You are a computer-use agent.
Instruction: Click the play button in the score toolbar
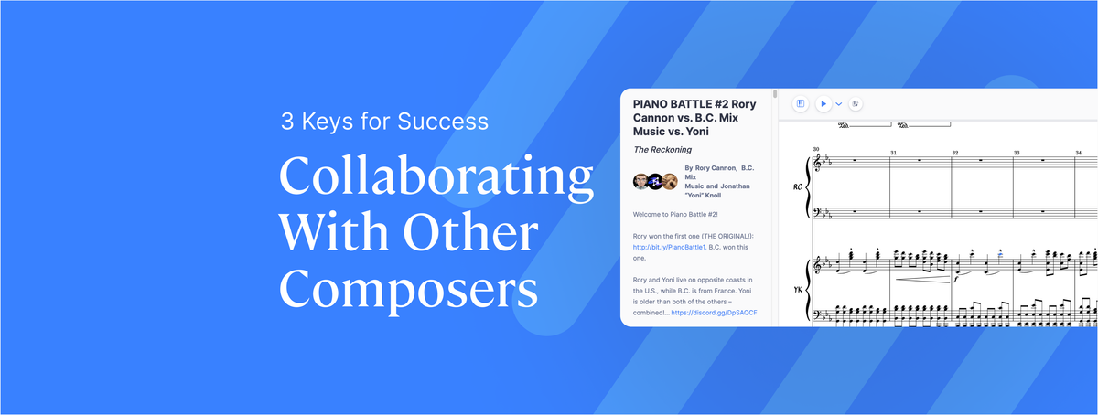click(823, 104)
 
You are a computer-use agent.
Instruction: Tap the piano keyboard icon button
click(801, 104)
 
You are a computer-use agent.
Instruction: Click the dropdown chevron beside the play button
click(839, 104)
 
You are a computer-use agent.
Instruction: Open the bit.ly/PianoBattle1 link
click(669, 248)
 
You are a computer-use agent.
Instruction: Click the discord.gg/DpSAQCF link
click(715, 313)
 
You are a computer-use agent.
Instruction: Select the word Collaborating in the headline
click(436, 176)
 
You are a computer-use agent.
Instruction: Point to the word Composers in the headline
click(408, 289)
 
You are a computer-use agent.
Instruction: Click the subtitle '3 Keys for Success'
click(385, 122)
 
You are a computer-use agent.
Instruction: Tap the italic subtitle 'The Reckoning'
click(662, 149)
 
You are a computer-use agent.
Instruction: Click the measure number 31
click(893, 153)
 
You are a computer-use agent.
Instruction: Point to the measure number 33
click(1017, 153)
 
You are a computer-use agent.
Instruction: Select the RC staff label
click(798, 187)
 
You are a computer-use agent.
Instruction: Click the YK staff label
click(798, 290)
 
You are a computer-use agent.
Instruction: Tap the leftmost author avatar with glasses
click(640, 182)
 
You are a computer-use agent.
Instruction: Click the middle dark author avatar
click(655, 182)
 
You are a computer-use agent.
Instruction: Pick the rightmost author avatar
click(670, 182)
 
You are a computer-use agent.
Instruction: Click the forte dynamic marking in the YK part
click(956, 280)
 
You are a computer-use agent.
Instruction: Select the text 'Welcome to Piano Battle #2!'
click(675, 215)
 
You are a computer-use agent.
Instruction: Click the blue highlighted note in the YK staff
click(1000, 255)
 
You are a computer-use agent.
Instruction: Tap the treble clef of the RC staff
click(816, 162)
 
